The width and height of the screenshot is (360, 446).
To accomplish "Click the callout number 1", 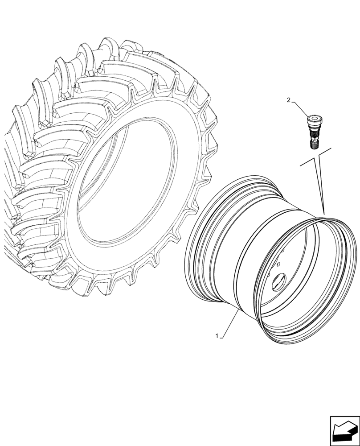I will (x=217, y=336).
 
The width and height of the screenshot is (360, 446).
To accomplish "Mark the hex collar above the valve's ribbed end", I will (x=313, y=136).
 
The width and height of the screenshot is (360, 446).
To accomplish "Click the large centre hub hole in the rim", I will (x=280, y=281).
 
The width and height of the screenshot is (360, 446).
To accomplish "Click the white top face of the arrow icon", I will (x=342, y=429).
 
